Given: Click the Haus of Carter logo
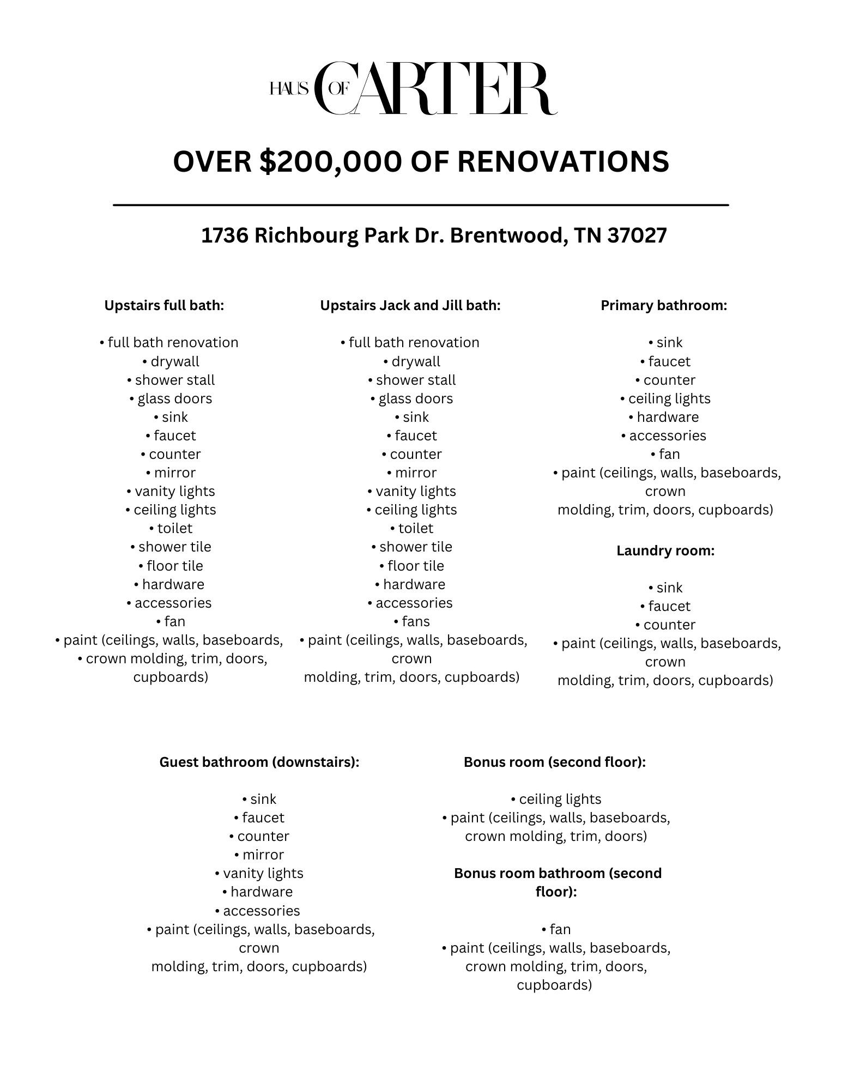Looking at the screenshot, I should click(x=413, y=89).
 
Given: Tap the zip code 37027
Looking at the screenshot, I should click(x=637, y=235).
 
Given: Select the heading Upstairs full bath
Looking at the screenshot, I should click(x=164, y=305).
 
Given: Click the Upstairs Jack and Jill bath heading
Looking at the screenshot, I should click(x=410, y=305).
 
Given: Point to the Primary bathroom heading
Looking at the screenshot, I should click(x=664, y=305).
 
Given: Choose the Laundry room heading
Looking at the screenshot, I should click(x=665, y=550).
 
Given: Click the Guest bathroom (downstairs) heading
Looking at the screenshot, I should click(x=259, y=761).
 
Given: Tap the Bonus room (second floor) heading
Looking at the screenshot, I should click(x=555, y=761).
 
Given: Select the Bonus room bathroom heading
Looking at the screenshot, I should click(x=558, y=882).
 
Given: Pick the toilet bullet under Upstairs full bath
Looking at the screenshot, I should click(x=174, y=528).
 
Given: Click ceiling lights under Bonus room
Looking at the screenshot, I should click(x=560, y=799).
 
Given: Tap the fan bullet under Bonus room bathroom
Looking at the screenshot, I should click(x=560, y=929).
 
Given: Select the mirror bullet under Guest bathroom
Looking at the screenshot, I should click(x=263, y=855).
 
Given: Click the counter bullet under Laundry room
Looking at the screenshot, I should click(x=669, y=625).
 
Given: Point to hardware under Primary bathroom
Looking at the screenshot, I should click(x=668, y=417).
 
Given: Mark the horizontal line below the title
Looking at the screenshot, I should click(x=421, y=205).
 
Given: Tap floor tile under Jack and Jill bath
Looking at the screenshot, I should click(x=415, y=566).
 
